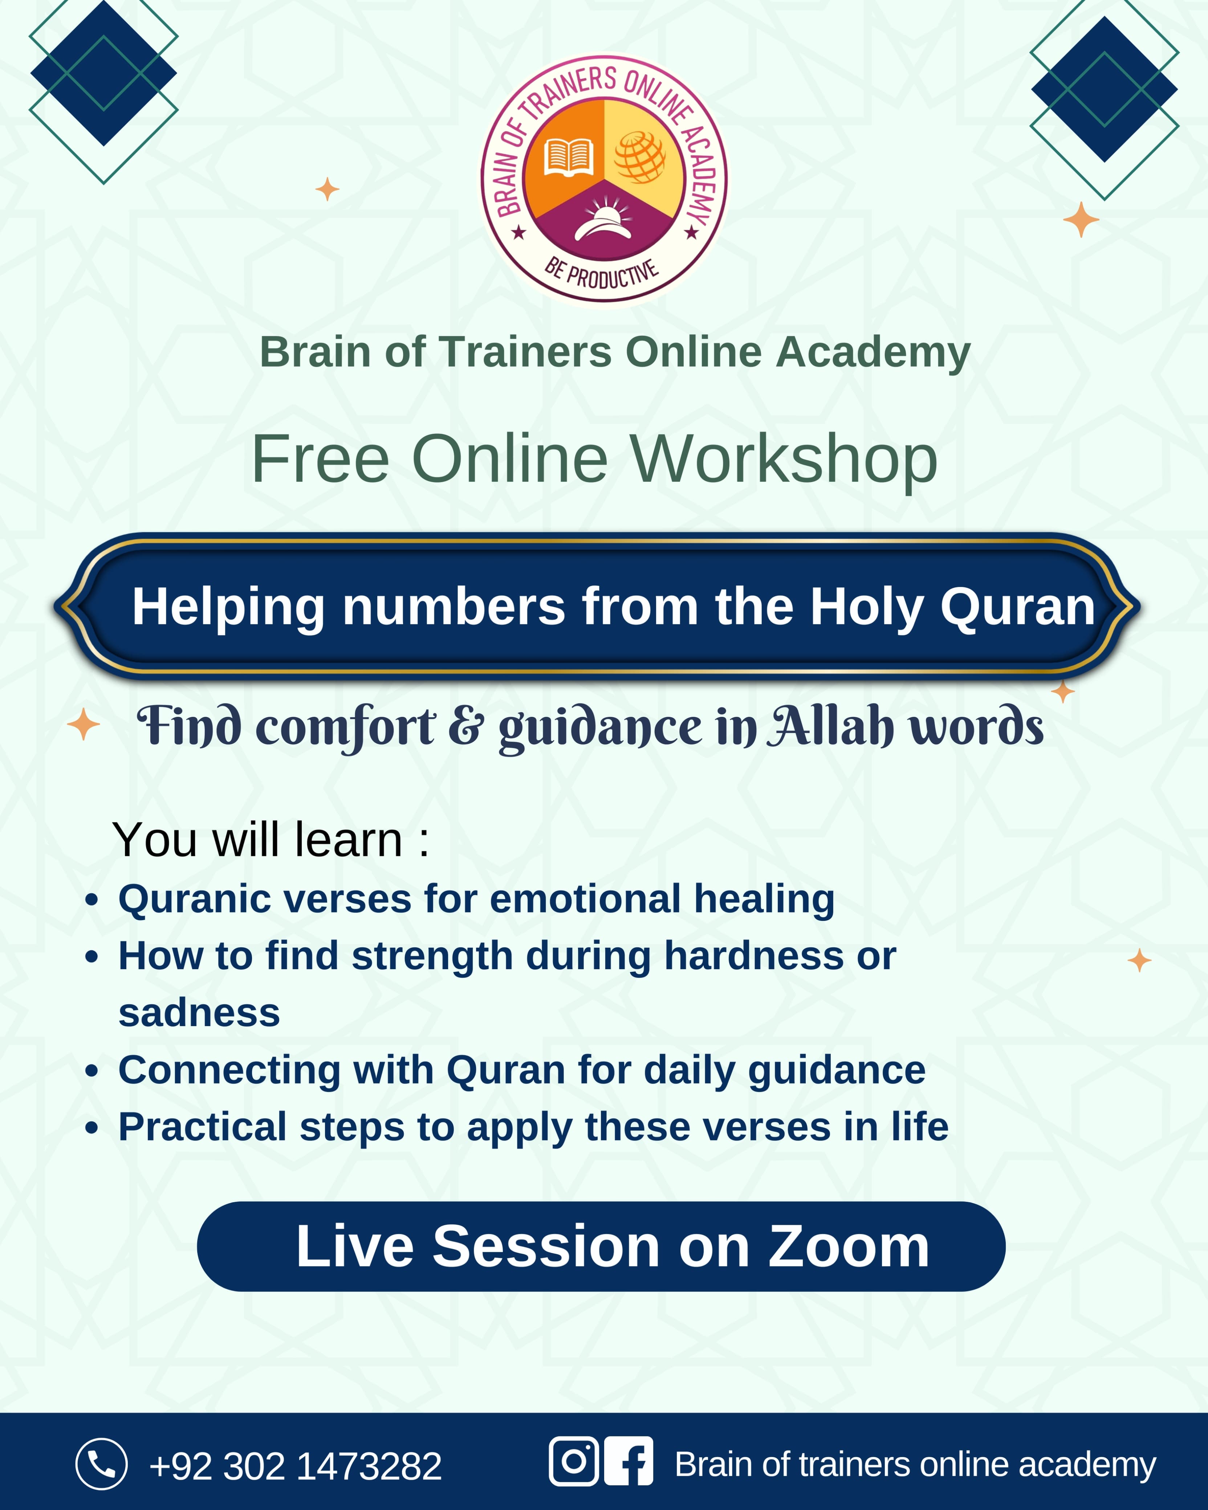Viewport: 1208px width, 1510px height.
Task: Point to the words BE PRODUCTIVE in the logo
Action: coord(603,274)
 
